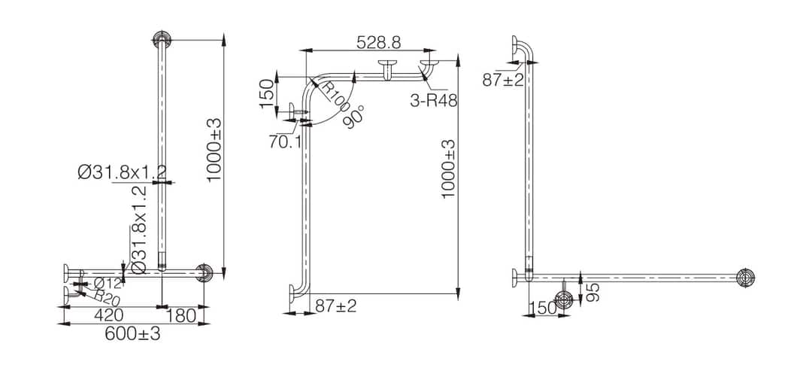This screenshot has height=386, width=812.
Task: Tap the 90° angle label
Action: pos(355,117)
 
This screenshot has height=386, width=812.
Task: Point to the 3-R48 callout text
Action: pos(434,99)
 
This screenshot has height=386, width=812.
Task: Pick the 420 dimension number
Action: pos(109,315)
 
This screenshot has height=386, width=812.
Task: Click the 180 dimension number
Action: pos(180,315)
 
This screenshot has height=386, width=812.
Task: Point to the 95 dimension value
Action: pos(593,292)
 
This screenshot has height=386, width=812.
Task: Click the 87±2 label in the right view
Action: pos(503,81)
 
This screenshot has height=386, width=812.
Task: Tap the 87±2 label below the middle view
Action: pos(336,306)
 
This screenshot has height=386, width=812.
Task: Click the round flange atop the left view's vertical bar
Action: pos(162,38)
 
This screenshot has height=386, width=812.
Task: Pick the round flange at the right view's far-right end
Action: pos(745,278)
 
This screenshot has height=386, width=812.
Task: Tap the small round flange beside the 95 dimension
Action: pos(564,299)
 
